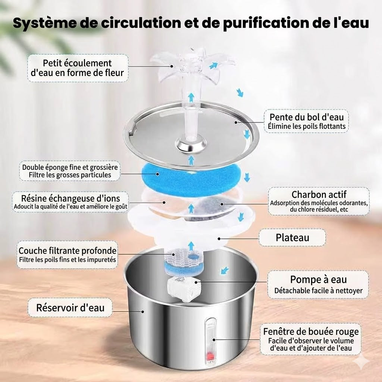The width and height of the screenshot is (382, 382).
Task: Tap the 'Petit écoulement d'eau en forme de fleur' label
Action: pos(77,68)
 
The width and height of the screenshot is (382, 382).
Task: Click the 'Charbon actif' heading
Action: pos(319,194)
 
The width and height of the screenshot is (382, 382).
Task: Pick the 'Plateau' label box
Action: pos(292,237)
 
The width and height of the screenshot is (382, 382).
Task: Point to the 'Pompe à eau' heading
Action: pos(319,279)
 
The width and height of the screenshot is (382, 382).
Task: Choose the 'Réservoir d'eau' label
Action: pos(71,308)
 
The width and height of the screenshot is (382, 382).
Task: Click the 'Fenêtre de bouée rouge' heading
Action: pos(311,331)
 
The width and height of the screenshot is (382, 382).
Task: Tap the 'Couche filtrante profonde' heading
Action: pos(68,250)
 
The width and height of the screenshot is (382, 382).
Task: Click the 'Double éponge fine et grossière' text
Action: pos(70,167)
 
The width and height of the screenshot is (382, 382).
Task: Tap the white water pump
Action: pos(184,289)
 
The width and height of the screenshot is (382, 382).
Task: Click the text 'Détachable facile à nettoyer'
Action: pos(319,290)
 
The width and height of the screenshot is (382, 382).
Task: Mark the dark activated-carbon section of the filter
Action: pos(214,206)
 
